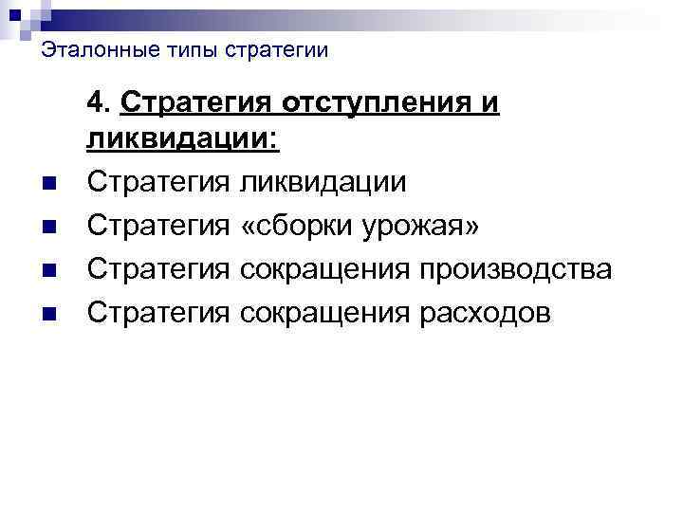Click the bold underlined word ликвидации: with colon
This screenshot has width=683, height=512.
184,139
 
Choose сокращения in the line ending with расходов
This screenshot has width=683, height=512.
323,313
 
